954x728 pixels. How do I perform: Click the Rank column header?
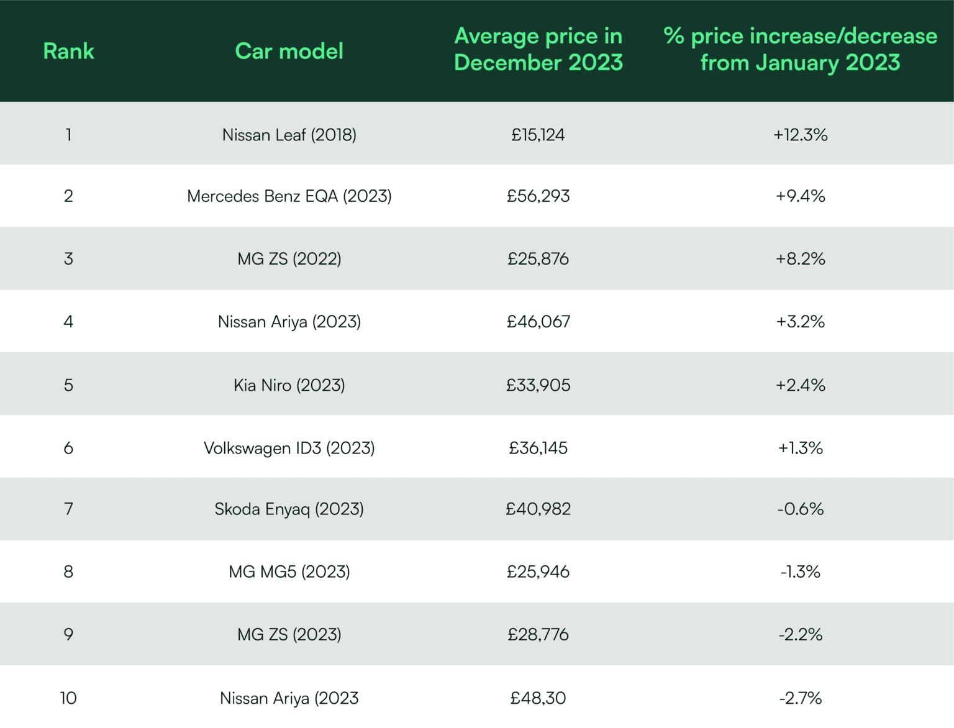(68, 51)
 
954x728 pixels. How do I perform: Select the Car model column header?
(289, 51)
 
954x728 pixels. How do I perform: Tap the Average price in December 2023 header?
(538, 50)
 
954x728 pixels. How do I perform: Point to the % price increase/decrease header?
(800, 50)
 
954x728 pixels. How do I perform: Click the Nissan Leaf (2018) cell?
(289, 135)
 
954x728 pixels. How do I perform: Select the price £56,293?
(538, 196)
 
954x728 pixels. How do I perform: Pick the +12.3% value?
(800, 135)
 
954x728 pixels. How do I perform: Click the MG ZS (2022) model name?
(289, 259)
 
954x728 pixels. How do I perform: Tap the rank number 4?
(68, 322)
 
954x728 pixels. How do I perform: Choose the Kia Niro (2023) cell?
(289, 385)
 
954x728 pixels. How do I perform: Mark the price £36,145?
(538, 448)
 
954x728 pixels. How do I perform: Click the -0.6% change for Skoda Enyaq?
(800, 509)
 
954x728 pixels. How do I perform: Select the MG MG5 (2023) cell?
(289, 571)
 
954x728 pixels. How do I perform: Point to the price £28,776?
(538, 634)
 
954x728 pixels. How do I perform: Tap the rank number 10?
(68, 698)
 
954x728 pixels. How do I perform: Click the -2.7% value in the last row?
(800, 698)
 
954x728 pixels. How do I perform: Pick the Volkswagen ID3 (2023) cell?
(289, 448)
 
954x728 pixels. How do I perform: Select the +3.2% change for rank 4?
(800, 322)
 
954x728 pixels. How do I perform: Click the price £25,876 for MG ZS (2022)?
(538, 259)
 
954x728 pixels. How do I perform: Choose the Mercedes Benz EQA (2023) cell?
(289, 196)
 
